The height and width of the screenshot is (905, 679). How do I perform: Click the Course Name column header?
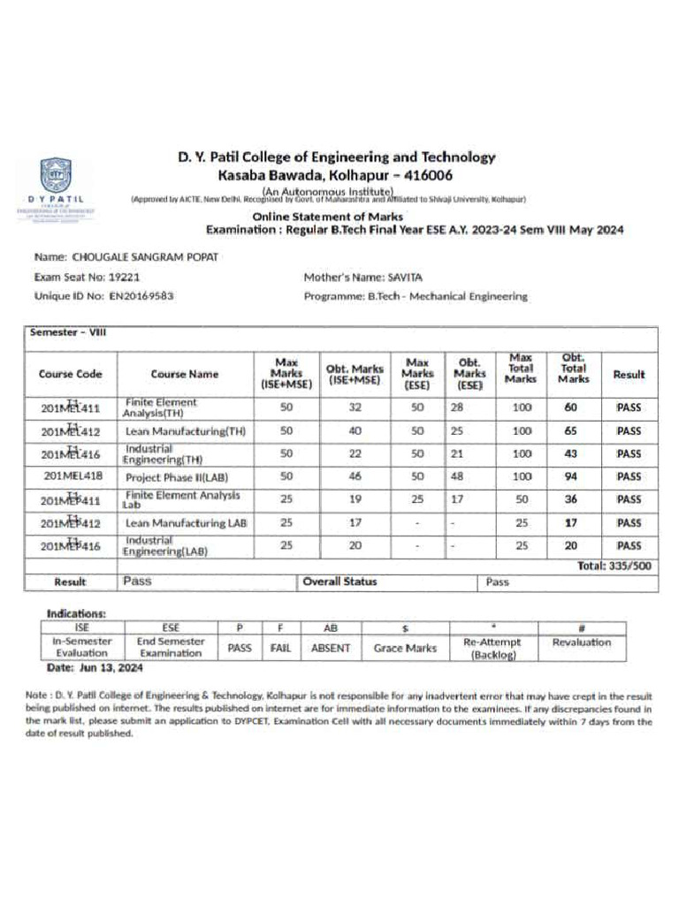pyautogui.click(x=184, y=374)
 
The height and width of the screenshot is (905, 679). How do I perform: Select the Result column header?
pyautogui.click(x=629, y=374)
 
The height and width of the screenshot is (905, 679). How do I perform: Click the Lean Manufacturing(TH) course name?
pyautogui.click(x=186, y=431)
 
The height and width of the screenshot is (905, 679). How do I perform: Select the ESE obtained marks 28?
pyautogui.click(x=457, y=407)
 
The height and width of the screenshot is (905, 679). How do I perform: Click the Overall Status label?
pyautogui.click(x=339, y=582)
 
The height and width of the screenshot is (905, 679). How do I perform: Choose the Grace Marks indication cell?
pyautogui.click(x=405, y=648)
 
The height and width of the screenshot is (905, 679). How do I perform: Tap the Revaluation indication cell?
pyautogui.click(x=581, y=643)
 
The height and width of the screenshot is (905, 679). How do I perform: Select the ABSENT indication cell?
pyautogui.click(x=331, y=648)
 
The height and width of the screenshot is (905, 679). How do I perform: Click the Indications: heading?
pyautogui.click(x=76, y=612)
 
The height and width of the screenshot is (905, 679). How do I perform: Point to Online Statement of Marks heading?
pyautogui.click(x=327, y=217)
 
